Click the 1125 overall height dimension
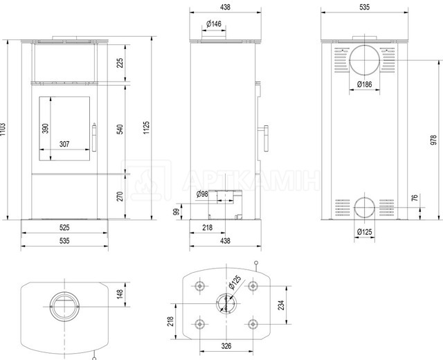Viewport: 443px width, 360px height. click(146, 127)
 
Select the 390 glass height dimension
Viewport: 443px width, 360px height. click(45, 128)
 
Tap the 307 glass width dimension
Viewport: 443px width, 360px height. click(64, 144)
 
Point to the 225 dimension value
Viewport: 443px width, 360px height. click(120, 62)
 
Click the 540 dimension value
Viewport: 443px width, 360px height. click(120, 129)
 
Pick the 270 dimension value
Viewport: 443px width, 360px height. click(120, 197)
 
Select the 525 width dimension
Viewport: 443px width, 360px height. click(64, 228)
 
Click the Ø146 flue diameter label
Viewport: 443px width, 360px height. click(214, 24)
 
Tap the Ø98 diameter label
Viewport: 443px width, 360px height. click(202, 194)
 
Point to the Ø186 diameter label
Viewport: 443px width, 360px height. click(365, 84)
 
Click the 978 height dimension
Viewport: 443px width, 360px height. click(434, 140)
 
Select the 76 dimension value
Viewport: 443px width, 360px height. click(415, 198)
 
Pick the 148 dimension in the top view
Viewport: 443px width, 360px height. click(120, 294)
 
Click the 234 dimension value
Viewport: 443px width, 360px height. click(281, 305)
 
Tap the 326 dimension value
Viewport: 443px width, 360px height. click(226, 346)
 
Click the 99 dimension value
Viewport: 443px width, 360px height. click(177, 212)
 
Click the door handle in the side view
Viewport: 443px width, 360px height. click(266, 138)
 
